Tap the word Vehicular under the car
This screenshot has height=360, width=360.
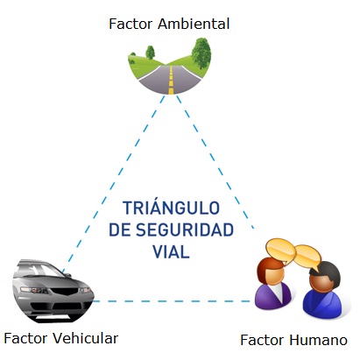click(x=83, y=338)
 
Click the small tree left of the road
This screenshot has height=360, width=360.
click(x=139, y=61)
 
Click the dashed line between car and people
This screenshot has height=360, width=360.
click(x=175, y=301)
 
